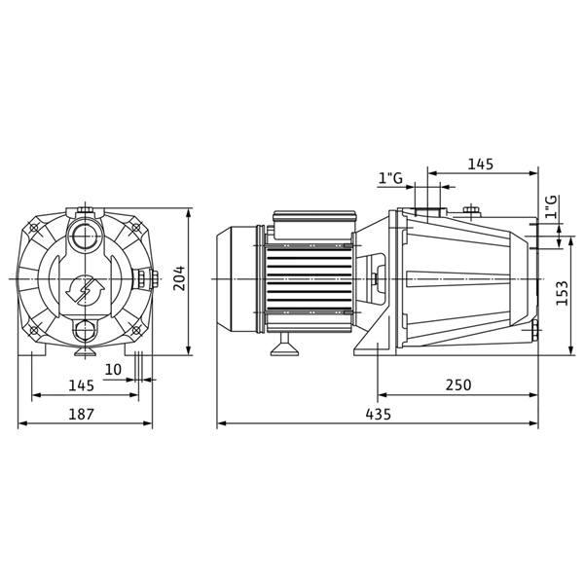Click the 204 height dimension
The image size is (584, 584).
point(177,280)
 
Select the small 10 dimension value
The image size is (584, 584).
point(114,369)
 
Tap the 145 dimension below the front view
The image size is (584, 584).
point(82,385)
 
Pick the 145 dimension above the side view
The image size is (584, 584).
point(480,164)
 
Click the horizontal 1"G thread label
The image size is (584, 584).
point(391,177)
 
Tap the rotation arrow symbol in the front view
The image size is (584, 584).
point(85,290)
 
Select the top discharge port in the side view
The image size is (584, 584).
point(427,212)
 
